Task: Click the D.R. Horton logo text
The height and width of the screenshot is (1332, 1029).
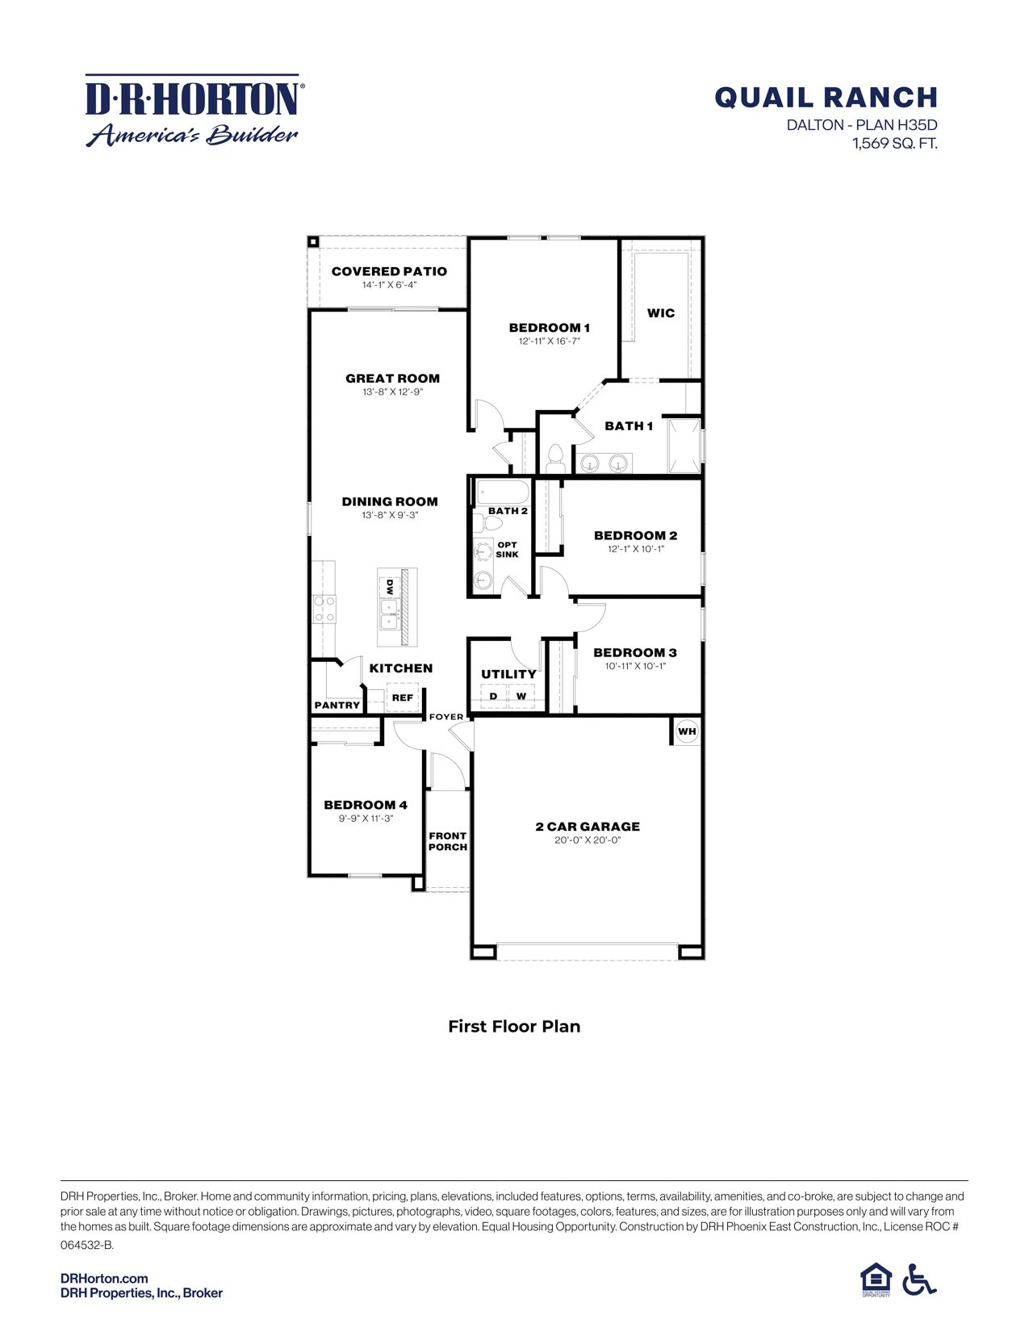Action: [192, 99]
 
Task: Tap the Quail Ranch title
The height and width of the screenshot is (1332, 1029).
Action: [826, 98]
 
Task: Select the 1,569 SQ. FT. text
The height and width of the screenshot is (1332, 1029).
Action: [894, 145]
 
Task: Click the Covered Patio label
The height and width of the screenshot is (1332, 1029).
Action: [389, 271]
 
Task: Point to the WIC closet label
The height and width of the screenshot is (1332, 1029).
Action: [660, 313]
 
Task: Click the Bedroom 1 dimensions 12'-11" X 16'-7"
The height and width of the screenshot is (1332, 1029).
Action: [549, 341]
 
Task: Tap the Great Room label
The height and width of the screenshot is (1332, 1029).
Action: [392, 378]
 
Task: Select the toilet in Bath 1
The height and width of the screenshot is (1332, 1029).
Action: [554, 456]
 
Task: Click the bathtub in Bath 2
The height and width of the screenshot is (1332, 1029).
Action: [501, 491]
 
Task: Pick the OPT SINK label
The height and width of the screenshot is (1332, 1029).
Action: [507, 550]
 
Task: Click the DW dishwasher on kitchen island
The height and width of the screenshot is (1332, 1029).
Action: [389, 585]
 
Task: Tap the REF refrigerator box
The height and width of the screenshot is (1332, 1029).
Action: [402, 697]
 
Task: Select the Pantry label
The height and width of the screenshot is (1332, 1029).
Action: [337, 705]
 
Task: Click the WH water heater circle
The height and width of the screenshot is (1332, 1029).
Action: [687, 732]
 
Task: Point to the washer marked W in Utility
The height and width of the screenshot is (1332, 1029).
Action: [521, 696]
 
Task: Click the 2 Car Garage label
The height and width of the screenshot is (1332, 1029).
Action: [588, 827]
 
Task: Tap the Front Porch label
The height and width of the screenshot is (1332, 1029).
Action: [447, 841]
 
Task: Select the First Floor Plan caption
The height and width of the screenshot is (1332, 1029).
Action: [514, 1026]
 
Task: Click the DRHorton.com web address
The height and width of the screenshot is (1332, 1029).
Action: [104, 1278]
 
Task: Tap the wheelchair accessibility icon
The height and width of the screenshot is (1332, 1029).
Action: [918, 1280]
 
